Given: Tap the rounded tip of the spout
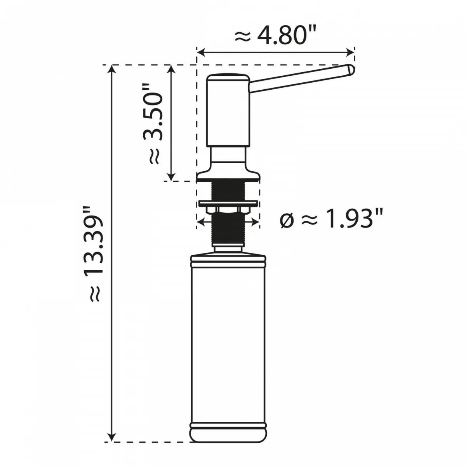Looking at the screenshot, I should tap(350, 70).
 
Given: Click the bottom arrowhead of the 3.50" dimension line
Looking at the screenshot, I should tap(170, 177).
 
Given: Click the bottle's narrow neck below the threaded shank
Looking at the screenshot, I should tap(228, 248).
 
